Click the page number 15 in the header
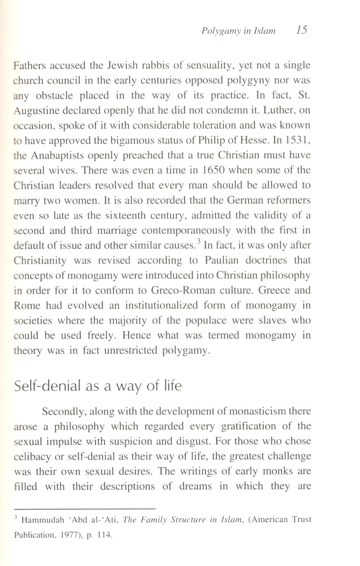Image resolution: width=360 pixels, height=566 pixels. [x=301, y=30]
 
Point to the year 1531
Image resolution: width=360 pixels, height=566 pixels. [x=298, y=140]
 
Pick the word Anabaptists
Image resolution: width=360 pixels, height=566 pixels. [x=57, y=155]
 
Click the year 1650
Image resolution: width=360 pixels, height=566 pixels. [x=215, y=170]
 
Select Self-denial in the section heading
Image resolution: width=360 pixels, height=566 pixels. [x=47, y=386]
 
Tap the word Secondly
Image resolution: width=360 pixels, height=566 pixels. [x=63, y=411]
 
